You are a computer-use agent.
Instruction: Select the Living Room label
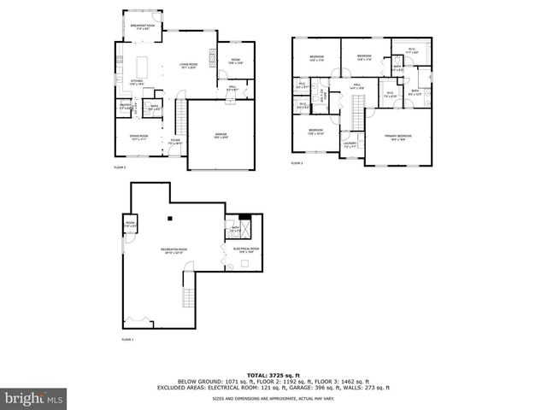188,66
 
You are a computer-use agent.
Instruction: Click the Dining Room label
138,138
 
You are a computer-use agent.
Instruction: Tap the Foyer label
175,143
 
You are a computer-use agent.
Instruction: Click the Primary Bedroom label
397,137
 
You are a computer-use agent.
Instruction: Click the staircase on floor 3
357,105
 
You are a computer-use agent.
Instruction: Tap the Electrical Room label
246,249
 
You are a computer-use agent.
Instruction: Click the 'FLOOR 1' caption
128,340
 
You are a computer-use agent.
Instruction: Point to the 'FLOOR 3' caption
297,162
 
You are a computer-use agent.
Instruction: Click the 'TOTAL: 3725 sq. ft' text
273,375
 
